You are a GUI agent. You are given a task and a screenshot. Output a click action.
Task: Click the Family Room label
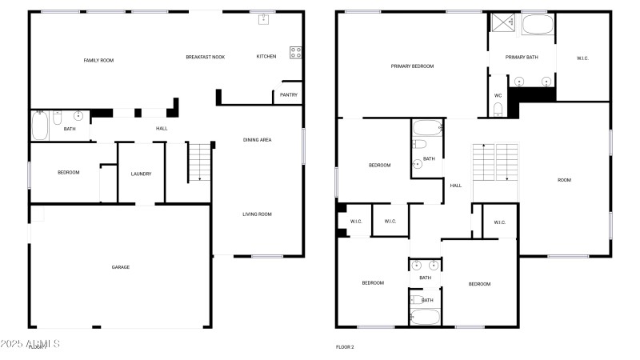pyautogui.click(x=99, y=60)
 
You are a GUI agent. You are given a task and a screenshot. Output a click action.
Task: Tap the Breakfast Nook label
pyautogui.click(x=206, y=57)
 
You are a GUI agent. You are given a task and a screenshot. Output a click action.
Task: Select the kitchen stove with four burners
pyautogui.click(x=294, y=53)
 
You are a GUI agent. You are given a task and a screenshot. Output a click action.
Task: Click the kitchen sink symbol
pyautogui.click(x=262, y=20)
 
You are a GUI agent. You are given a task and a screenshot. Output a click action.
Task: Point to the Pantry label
pyautogui.click(x=289, y=95)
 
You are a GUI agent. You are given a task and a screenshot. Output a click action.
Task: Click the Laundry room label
pyautogui.click(x=141, y=174)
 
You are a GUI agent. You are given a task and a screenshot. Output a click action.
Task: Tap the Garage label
pyautogui.click(x=121, y=267)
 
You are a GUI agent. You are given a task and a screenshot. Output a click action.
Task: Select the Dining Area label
pyautogui.click(x=258, y=140)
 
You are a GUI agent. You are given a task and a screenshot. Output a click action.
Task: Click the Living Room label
pyautogui.click(x=258, y=214)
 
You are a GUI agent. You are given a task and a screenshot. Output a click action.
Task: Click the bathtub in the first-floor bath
pyautogui.click(x=39, y=126)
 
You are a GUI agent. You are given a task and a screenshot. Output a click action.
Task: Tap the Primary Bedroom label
pyautogui.click(x=412, y=66)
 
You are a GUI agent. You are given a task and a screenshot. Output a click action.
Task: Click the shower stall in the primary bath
pyautogui.click(x=502, y=23)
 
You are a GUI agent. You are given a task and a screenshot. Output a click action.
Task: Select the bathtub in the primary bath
pyautogui.click(x=538, y=25)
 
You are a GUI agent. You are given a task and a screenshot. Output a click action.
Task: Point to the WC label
pyautogui.click(x=498, y=95)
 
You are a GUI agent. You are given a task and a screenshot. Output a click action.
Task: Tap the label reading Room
pyautogui.click(x=564, y=180)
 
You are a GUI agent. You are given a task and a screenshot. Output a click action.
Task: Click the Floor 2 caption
pyautogui.click(x=344, y=347)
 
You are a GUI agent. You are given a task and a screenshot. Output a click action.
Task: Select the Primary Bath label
pyautogui.click(x=522, y=58)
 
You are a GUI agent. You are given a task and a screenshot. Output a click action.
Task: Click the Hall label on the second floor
pyautogui.click(x=456, y=186)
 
